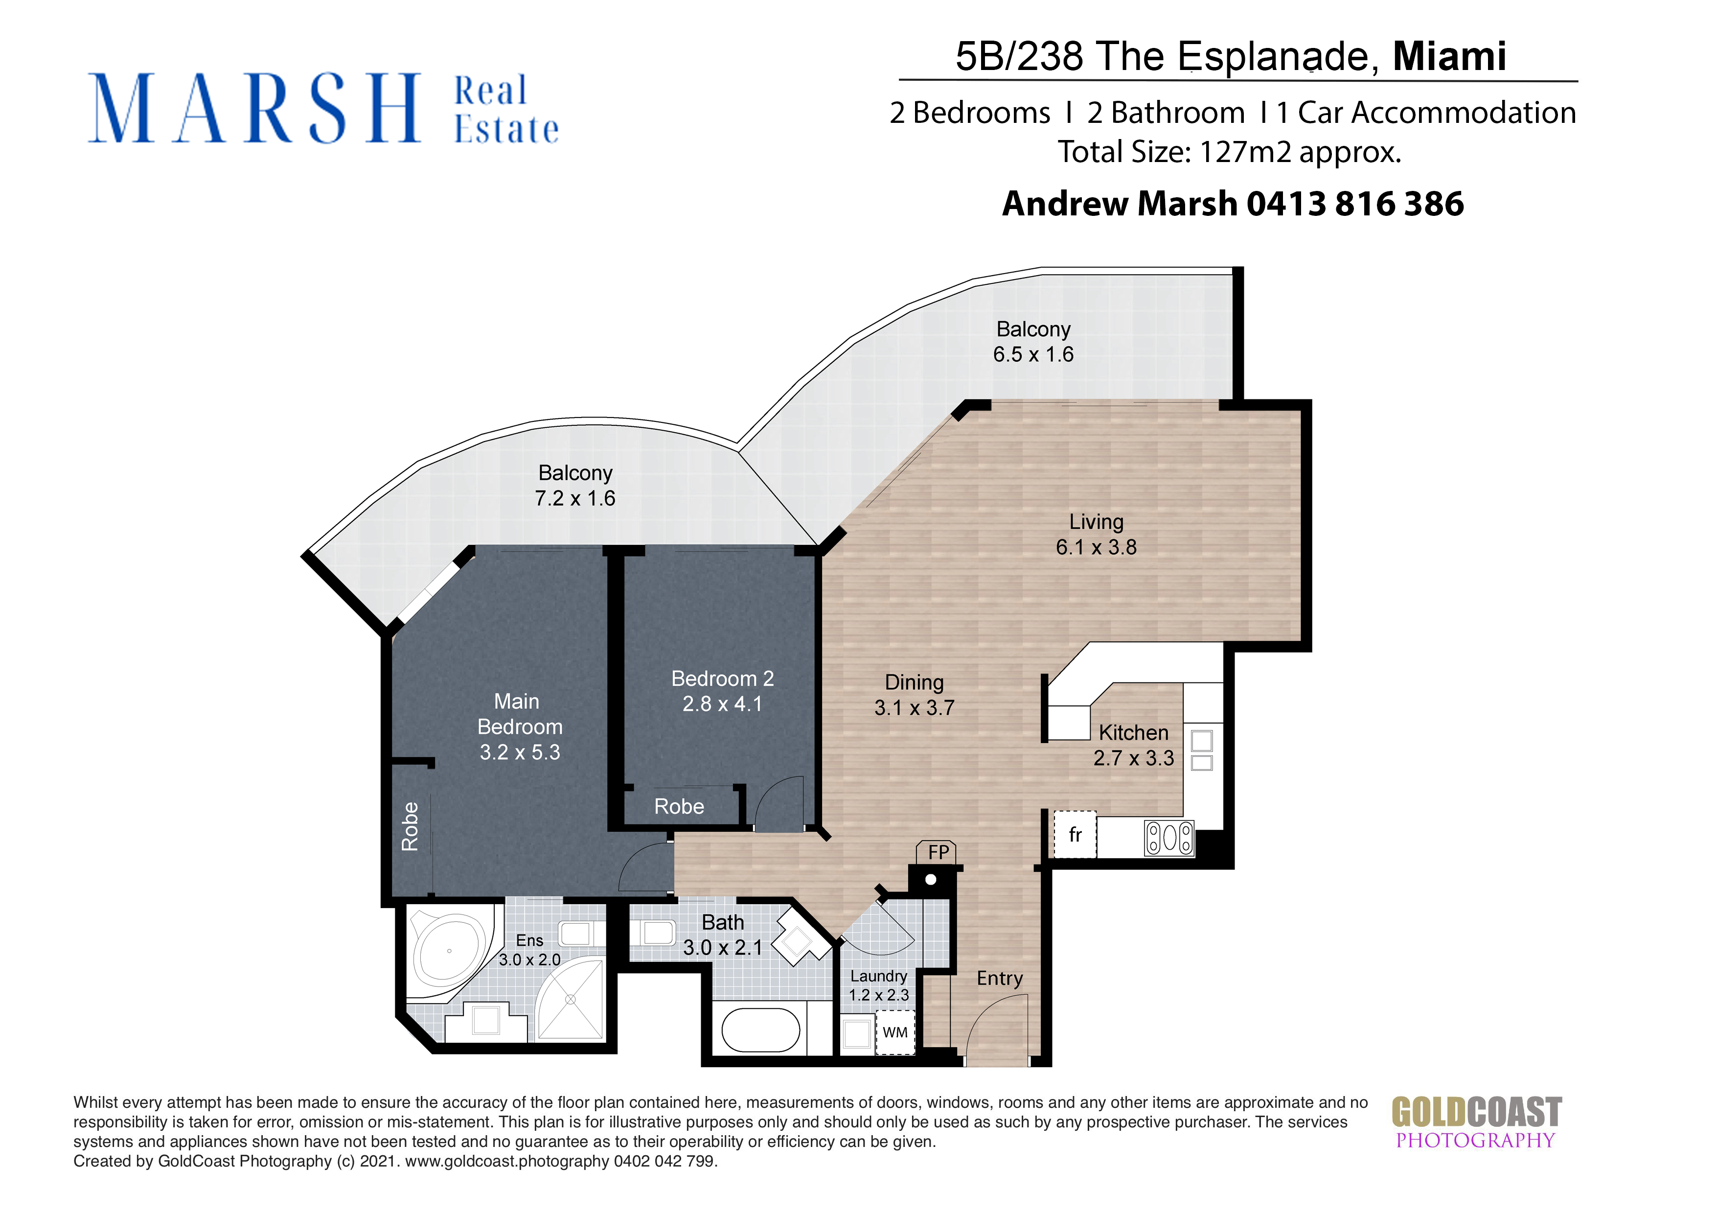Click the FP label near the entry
pos(938,852)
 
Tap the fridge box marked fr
pos(1075,834)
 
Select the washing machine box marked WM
pos(895,1032)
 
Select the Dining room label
pos(914,682)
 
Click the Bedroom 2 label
pos(722,678)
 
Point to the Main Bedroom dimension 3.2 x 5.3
pos(520,752)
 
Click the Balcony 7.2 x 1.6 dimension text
pos(574,498)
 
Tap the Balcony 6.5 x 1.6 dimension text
pos(1033,354)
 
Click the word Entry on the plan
pos(1000,979)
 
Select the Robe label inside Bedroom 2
pos(679,806)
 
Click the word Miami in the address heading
pos(1449,56)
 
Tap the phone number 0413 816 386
pos(1355,204)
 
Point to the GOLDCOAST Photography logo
pos(1476,1122)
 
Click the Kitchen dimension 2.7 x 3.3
pos(1134,758)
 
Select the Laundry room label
pos(879,976)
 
